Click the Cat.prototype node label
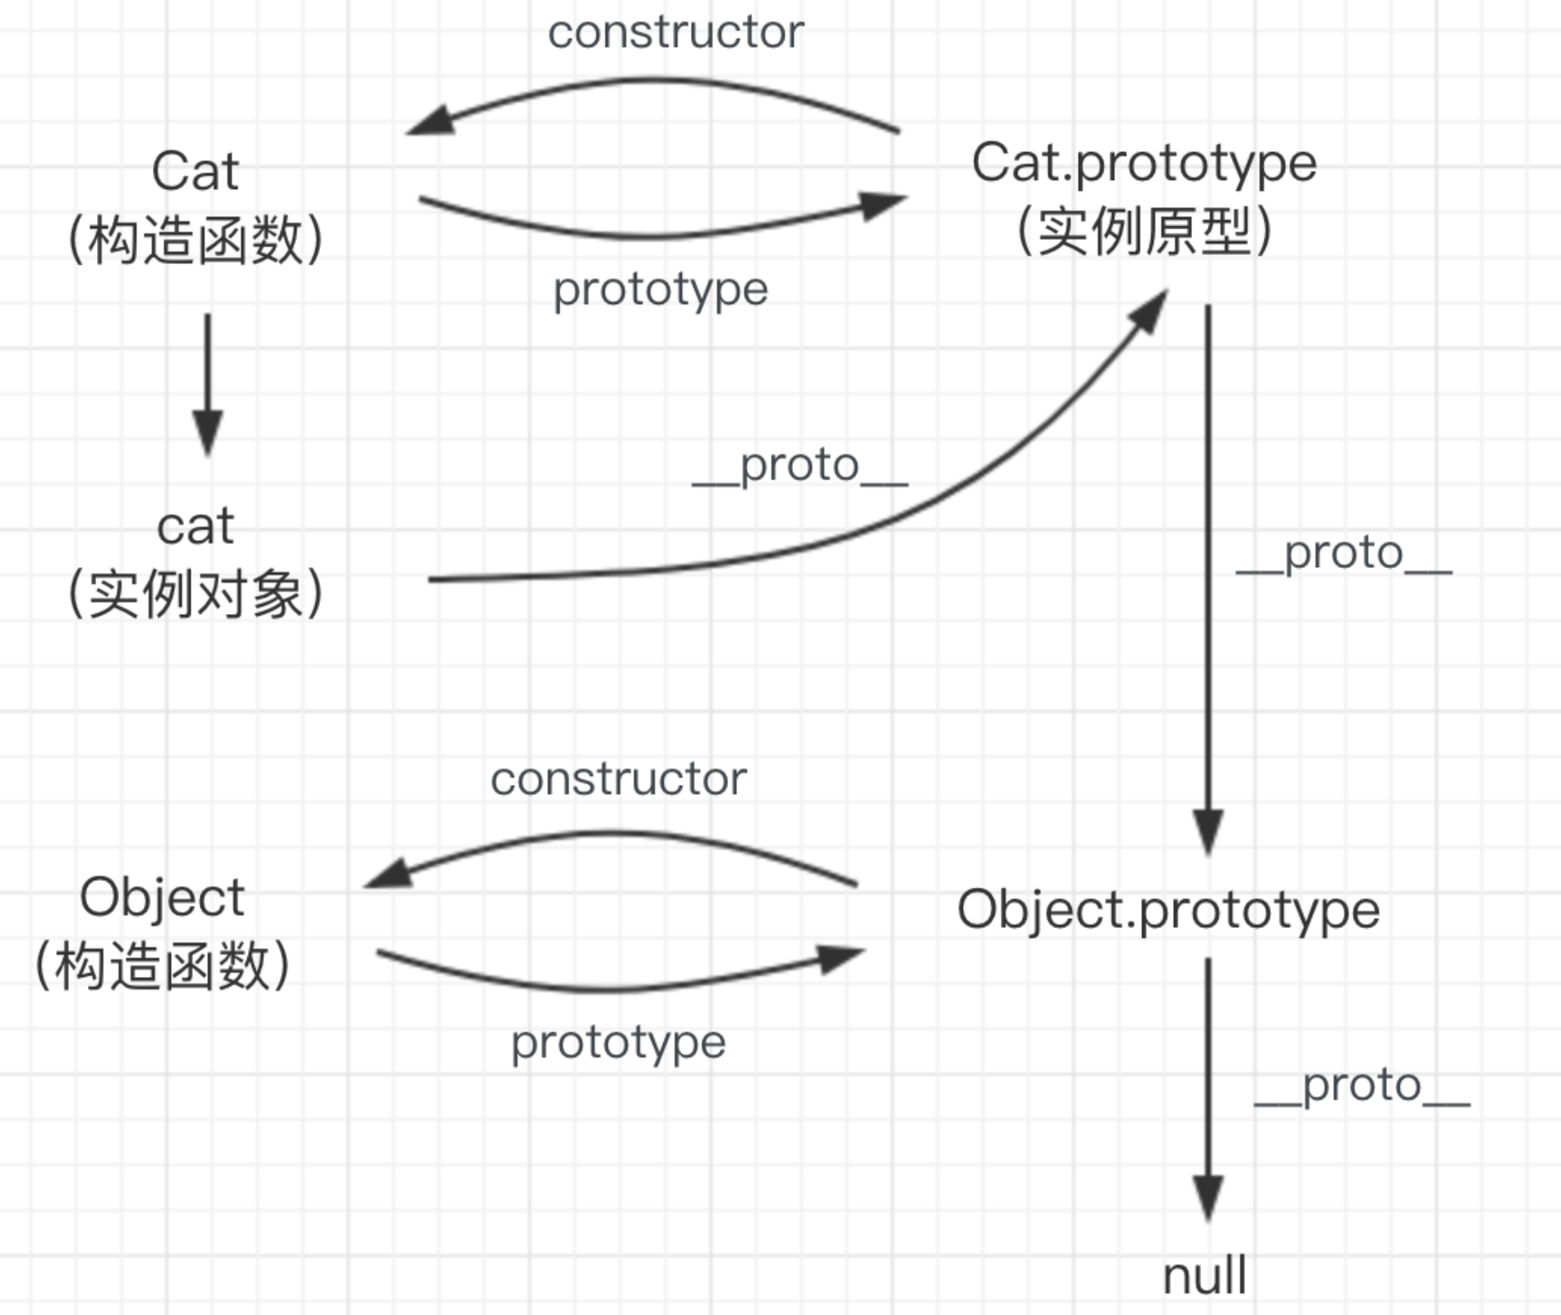(x=1144, y=163)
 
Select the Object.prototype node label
(x=1168, y=911)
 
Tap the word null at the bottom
(x=1204, y=1276)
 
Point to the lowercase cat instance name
(x=196, y=526)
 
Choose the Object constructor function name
(x=162, y=897)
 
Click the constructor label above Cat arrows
(x=675, y=33)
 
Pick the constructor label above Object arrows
(x=619, y=779)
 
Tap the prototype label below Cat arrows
(x=661, y=289)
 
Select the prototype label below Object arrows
(x=619, y=1043)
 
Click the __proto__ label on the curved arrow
(x=800, y=467)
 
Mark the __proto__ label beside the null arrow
(x=1362, y=1087)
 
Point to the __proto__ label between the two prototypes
(x=1344, y=554)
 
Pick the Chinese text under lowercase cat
(x=196, y=594)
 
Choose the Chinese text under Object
(x=162, y=966)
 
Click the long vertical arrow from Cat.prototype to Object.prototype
(x=1208, y=575)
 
